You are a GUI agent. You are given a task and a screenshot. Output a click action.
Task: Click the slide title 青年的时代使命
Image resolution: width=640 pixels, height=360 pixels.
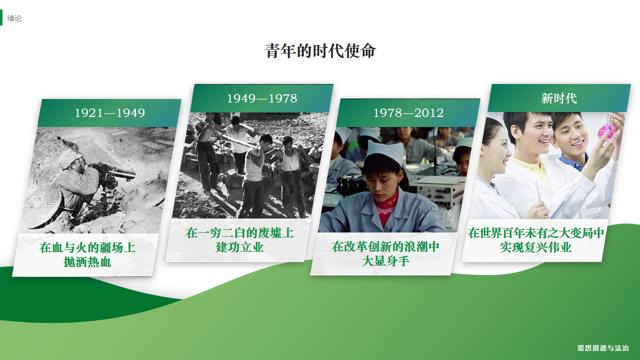320,52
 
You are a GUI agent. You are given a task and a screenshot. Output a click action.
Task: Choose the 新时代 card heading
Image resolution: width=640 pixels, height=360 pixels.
559,98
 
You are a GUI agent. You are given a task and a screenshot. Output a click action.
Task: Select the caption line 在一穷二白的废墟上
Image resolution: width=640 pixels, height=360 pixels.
240,233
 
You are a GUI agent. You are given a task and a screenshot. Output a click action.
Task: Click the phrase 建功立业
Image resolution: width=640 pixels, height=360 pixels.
240,248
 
